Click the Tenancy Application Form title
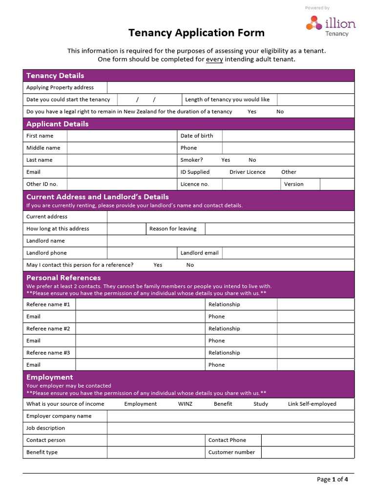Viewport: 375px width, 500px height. (196, 33)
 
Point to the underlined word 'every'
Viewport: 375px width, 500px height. (214, 60)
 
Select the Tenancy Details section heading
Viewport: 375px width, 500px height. (55, 76)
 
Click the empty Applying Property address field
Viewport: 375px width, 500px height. (230, 87)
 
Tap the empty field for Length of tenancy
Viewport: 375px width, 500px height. (315, 100)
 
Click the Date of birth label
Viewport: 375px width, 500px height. (197, 136)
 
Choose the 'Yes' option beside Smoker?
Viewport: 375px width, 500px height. (226, 160)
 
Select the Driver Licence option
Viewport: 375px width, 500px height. (248, 172)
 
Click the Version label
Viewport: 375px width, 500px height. (294, 184)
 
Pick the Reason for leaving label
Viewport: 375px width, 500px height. (173, 229)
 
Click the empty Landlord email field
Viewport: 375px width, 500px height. (288, 253)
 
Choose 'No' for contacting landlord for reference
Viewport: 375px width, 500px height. (190, 265)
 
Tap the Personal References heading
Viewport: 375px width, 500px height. (63, 278)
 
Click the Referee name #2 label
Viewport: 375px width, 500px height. (48, 329)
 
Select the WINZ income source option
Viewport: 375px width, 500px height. (186, 404)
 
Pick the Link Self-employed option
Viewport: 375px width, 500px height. (312, 404)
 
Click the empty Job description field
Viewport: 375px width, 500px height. (230, 428)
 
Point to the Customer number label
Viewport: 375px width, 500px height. (231, 452)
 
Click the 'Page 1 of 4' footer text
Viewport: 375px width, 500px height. (333, 479)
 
